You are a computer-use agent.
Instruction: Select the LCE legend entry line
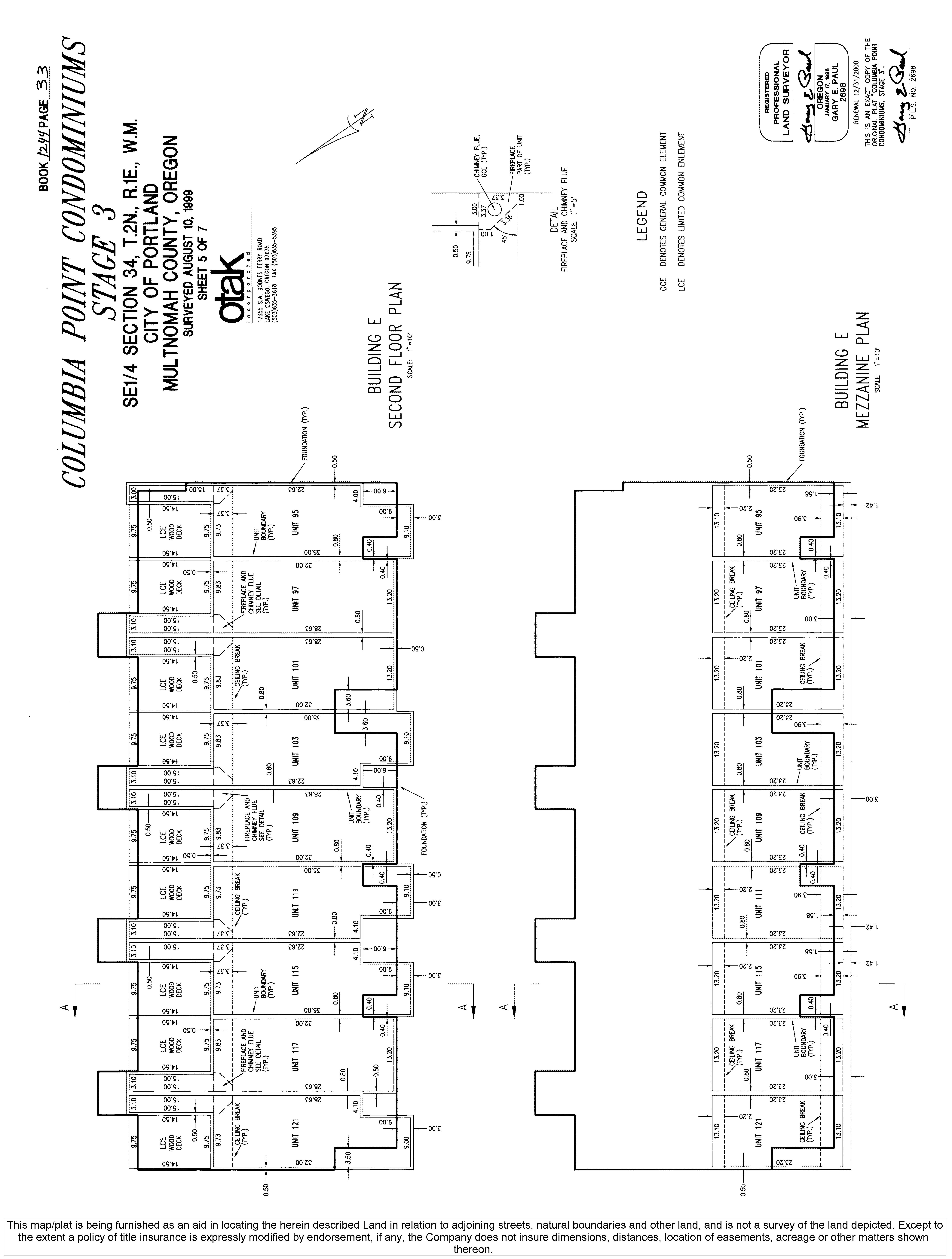681,211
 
